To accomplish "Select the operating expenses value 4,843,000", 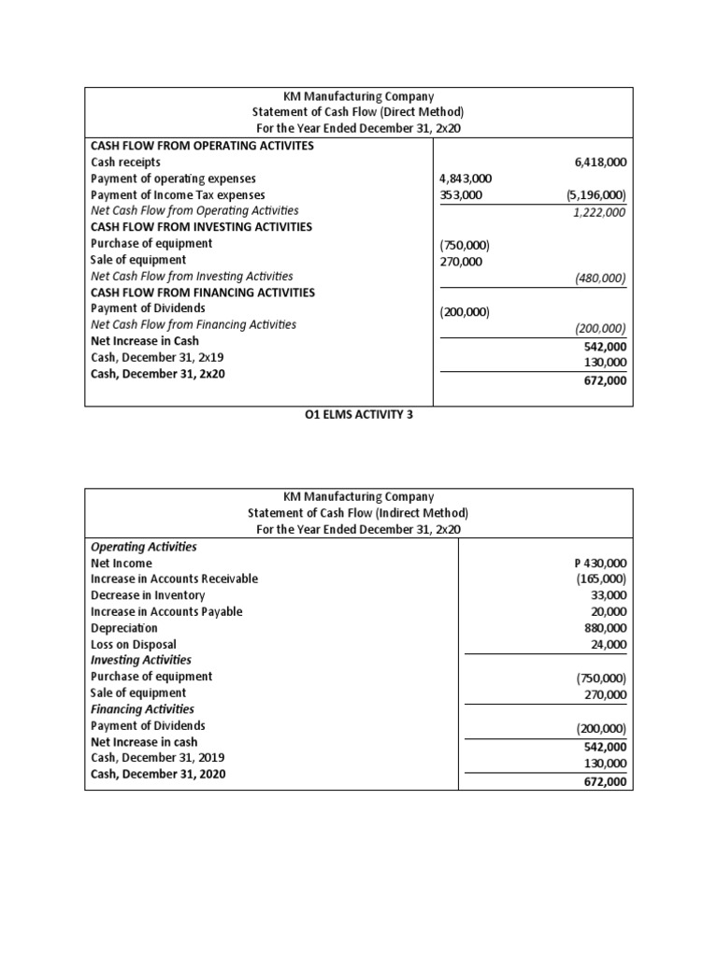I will click(x=466, y=179).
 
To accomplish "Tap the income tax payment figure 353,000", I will click(x=459, y=195).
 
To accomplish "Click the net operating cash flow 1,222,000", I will click(x=599, y=212).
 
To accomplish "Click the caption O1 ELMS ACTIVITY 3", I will click(x=359, y=417).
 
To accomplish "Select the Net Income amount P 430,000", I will click(x=599, y=564).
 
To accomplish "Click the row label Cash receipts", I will click(x=125, y=163).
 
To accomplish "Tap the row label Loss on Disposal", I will click(x=133, y=644).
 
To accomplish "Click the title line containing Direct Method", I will click(x=359, y=112).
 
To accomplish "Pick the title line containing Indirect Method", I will click(x=359, y=513).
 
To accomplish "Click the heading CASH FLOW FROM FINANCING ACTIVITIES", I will click(x=203, y=293).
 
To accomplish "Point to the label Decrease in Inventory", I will click(x=148, y=595).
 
